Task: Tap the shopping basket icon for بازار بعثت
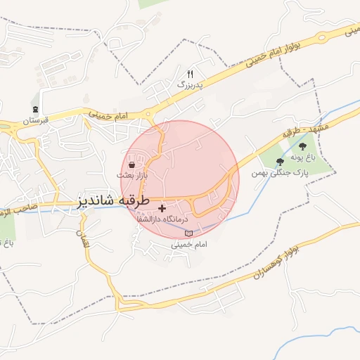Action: [x=131, y=165]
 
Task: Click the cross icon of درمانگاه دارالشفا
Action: [x=162, y=209]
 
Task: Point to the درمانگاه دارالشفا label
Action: [x=163, y=220]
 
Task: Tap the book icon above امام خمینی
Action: [x=188, y=233]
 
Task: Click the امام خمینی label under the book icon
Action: [x=188, y=245]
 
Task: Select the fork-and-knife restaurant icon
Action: [x=189, y=74]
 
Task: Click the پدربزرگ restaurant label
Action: [x=189, y=84]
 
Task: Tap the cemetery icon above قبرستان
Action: [x=36, y=109]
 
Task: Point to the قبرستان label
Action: [x=36, y=121]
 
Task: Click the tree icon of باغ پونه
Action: [x=302, y=146]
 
